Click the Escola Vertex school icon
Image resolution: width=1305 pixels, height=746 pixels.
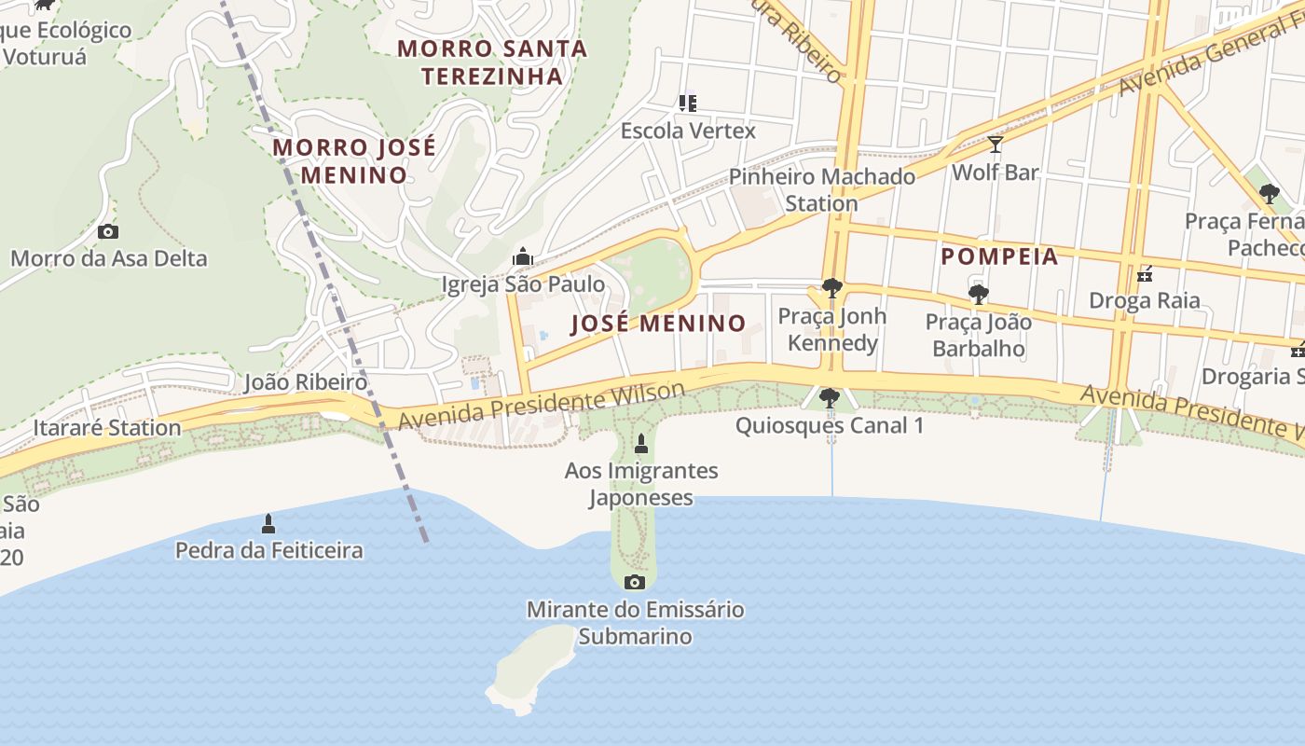click(688, 103)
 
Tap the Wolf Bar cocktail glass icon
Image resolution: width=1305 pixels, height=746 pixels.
click(996, 145)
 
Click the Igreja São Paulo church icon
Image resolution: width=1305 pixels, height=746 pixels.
click(522, 256)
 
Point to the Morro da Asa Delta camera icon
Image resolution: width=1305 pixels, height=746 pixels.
click(108, 231)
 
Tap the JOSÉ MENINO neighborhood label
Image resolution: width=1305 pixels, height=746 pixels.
click(658, 324)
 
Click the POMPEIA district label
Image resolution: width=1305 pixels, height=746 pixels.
click(999, 256)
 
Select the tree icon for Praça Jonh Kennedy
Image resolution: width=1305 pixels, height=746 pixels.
click(831, 288)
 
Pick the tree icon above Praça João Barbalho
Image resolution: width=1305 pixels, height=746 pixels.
click(978, 295)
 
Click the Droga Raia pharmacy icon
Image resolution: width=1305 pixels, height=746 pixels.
click(1145, 274)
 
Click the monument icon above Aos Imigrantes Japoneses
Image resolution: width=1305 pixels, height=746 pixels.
click(640, 443)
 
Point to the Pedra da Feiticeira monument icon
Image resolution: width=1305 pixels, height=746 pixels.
click(268, 523)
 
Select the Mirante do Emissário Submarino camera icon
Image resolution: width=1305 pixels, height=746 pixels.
click(635, 583)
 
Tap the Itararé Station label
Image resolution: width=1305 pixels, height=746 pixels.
click(107, 428)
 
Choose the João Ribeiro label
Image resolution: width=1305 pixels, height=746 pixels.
click(305, 382)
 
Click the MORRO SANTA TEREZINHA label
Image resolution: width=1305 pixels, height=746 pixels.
click(492, 62)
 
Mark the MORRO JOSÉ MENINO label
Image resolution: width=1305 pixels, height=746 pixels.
click(354, 160)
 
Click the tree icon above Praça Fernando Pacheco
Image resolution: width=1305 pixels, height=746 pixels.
click(1269, 194)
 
